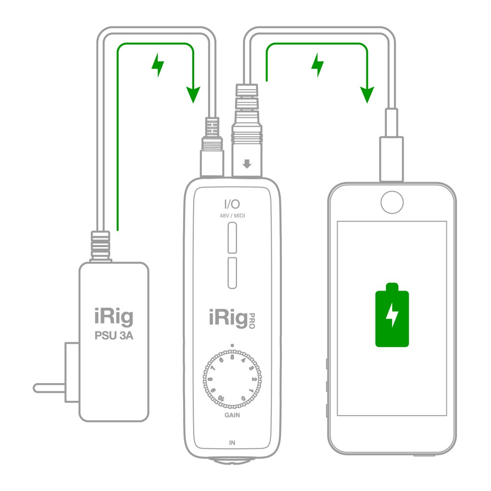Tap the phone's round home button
[392, 203]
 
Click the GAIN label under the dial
[232, 415]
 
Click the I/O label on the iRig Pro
[233, 205]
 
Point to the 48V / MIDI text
[233, 216]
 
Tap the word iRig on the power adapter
[113, 317]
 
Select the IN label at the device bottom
[232, 443]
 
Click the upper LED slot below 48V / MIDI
[233, 239]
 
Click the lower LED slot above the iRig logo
[233, 272]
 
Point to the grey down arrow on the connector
[247, 164]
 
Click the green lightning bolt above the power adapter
[157, 66]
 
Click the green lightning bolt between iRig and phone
[317, 66]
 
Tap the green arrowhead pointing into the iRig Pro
[193, 95]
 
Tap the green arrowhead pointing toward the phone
[367, 95]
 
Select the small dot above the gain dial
[232, 345]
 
